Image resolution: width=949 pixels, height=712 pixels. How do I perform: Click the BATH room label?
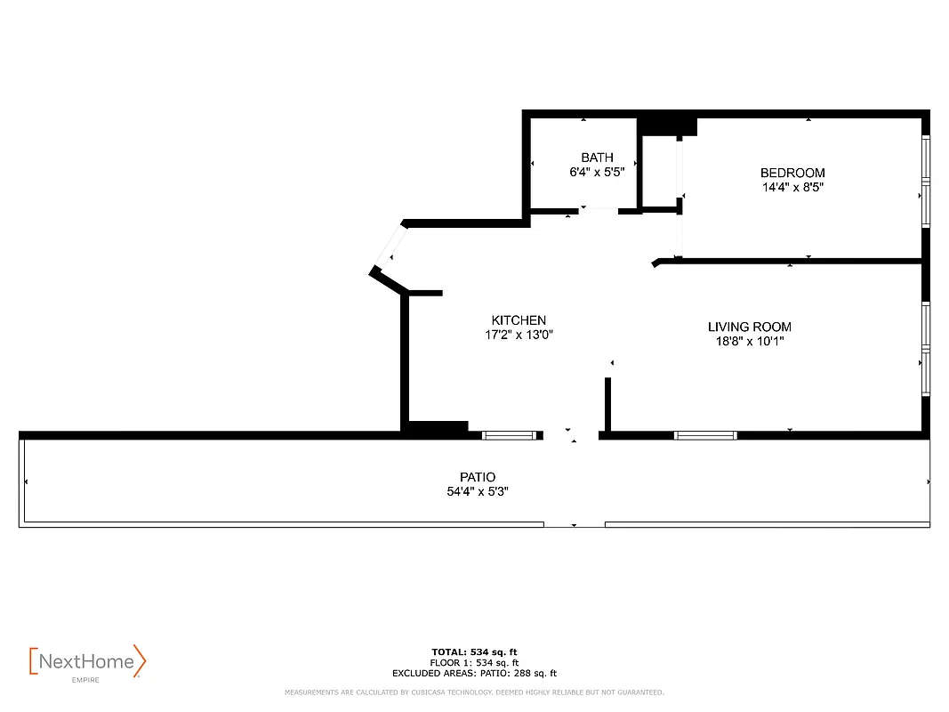click(x=597, y=158)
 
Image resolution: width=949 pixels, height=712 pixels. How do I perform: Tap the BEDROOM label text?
click(x=792, y=173)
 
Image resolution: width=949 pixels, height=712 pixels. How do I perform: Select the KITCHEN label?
click(x=519, y=320)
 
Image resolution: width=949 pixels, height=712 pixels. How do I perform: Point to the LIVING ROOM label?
click(x=749, y=327)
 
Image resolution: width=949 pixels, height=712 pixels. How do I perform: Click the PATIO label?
click(x=478, y=477)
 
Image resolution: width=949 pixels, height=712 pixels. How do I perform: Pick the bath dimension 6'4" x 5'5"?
click(x=597, y=173)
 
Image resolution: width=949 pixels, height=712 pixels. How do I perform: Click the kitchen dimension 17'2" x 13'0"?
click(x=519, y=336)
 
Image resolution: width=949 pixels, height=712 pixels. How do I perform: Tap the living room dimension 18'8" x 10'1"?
click(x=749, y=341)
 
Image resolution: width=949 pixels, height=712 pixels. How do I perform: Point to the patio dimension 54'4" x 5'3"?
click(x=478, y=491)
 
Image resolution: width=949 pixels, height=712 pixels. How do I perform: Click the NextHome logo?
click(x=87, y=661)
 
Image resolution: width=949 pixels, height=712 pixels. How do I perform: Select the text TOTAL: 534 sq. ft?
click(x=473, y=652)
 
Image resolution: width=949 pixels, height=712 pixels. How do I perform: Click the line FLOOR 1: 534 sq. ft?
click(x=473, y=663)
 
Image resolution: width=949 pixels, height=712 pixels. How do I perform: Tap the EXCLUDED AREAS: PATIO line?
click(x=473, y=674)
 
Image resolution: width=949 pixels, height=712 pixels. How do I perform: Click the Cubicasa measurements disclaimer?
click(x=473, y=692)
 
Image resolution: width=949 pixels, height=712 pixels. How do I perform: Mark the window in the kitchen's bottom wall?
click(x=511, y=435)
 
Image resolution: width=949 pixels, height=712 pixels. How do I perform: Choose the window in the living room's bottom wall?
click(x=705, y=435)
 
